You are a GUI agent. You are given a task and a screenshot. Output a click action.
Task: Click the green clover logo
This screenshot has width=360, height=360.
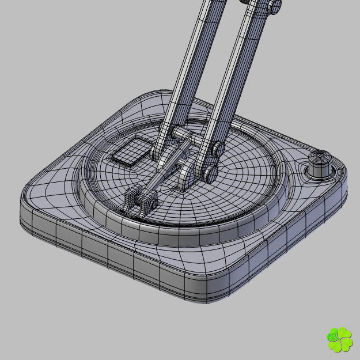point(339,339)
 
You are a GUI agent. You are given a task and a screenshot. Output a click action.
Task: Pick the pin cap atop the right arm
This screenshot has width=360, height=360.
point(276,6)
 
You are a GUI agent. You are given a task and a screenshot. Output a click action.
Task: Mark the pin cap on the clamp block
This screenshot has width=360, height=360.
point(153,202)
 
